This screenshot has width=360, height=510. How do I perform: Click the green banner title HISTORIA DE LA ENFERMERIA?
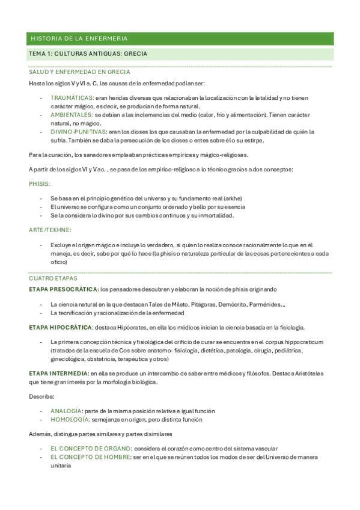(x=79, y=38)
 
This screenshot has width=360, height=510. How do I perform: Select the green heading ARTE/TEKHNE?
(x=50, y=230)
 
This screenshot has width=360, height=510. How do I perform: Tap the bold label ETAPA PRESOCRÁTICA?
(x=63, y=289)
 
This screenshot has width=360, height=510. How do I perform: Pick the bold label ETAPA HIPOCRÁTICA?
(x=61, y=327)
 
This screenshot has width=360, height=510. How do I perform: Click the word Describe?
(x=41, y=397)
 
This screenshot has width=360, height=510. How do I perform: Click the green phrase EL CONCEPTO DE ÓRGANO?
(x=91, y=449)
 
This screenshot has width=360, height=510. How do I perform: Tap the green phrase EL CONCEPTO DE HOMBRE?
(x=91, y=457)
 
